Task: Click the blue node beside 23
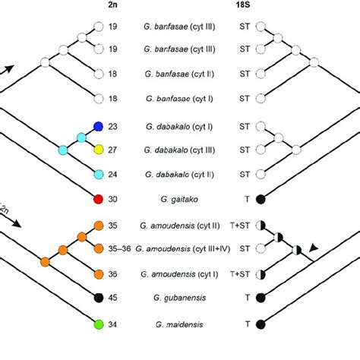98,125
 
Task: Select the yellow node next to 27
98,150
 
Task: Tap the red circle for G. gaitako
98,199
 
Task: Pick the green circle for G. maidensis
98,324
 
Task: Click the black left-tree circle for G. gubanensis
98,298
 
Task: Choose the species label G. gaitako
180,199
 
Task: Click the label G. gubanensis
180,298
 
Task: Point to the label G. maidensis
180,324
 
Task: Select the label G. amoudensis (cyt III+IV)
180,248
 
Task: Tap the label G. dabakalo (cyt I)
180,125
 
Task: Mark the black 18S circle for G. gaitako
262,199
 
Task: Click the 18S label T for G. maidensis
245,324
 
